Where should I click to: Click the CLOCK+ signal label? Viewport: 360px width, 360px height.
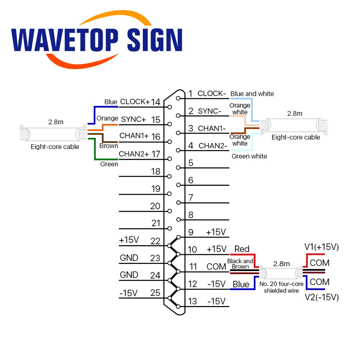(135, 102)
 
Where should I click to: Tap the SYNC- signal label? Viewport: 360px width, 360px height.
(210, 111)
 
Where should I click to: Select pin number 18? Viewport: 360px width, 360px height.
(156, 171)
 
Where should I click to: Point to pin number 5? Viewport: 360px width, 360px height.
(191, 163)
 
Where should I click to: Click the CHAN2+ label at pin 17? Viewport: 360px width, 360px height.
(134, 154)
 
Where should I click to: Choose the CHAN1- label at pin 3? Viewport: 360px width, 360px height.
(212, 129)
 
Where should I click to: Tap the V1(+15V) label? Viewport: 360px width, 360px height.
(321, 247)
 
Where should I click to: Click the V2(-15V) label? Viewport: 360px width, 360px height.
(321, 297)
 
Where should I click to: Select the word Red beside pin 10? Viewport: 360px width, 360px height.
(242, 249)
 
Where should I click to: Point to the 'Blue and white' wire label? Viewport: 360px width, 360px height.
(252, 94)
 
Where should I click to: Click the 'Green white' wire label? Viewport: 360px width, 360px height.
(249, 156)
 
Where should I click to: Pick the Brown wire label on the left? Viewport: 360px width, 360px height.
(109, 146)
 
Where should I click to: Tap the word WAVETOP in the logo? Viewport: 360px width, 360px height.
(65, 40)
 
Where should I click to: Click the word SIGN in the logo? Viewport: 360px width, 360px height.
(155, 40)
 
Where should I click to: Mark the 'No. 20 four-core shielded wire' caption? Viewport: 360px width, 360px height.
(281, 287)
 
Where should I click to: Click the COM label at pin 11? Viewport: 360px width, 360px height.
(216, 266)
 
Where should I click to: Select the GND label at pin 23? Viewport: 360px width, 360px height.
(129, 258)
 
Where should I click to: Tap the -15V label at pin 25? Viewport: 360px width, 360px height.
(129, 293)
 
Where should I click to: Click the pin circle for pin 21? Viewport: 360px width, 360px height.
(170, 229)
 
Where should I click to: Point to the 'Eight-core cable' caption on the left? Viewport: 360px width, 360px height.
(55, 147)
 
